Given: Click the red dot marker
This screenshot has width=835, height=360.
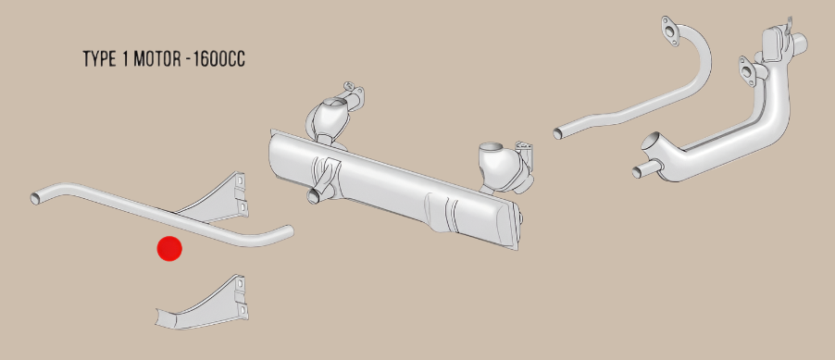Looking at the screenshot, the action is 169,248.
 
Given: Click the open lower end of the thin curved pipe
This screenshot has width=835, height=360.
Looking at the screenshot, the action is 559,133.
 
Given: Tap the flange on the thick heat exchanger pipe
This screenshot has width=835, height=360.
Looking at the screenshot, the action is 748,70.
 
